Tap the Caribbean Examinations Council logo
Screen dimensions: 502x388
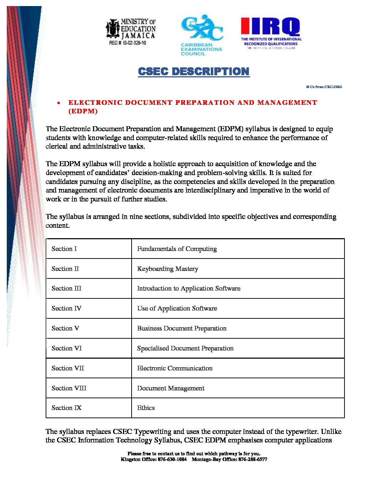click(x=201, y=35)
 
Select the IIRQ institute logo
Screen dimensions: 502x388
click(x=271, y=33)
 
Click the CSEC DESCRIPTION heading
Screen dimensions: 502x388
click(x=194, y=71)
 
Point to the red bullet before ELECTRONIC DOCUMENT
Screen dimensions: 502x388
click(x=58, y=103)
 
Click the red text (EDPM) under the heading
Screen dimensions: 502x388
click(x=83, y=111)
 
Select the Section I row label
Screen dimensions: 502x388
click(x=64, y=249)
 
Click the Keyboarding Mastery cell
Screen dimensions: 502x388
click(x=168, y=269)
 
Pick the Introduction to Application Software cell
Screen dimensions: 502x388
click(x=189, y=288)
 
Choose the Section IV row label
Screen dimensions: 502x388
click(x=66, y=308)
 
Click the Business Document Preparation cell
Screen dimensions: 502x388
click(x=182, y=328)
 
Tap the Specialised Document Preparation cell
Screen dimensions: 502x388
click(x=185, y=348)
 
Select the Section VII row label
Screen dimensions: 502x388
click(x=68, y=368)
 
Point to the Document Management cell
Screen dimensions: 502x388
click(x=171, y=388)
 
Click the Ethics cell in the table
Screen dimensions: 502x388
click(x=146, y=408)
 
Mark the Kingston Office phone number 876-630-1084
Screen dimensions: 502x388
click(x=172, y=459)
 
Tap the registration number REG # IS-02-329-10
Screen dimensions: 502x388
click(x=127, y=43)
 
